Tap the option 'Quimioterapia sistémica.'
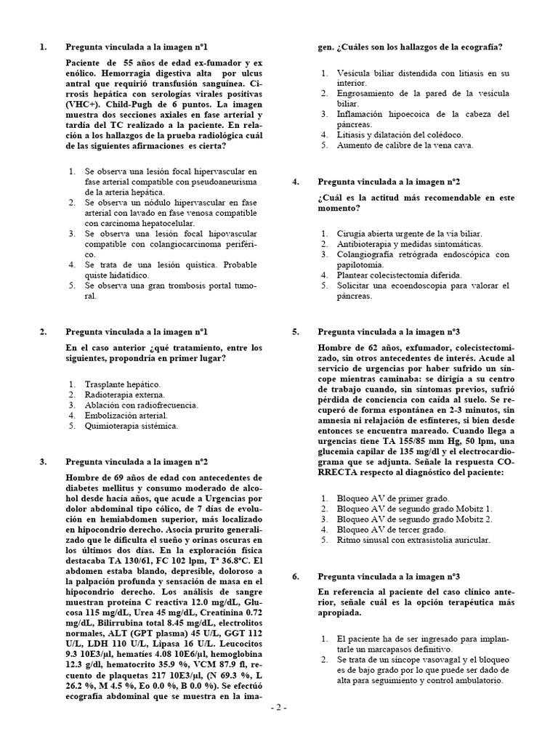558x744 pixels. [x=131, y=426]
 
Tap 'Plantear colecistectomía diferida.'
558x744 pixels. [x=399, y=276]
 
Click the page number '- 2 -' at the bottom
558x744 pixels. [x=279, y=729]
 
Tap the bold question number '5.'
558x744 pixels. [x=296, y=332]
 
